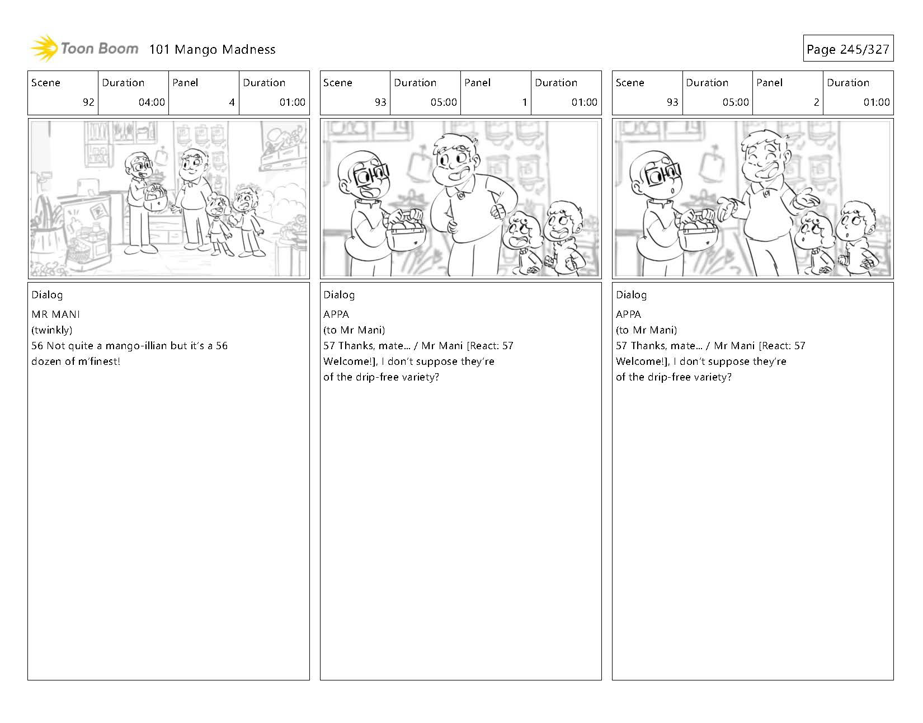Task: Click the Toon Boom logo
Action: [x=84, y=49]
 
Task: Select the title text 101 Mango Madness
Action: [x=212, y=49]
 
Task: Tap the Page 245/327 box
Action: [x=848, y=49]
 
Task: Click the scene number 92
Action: [x=88, y=102]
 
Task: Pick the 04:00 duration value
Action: [x=152, y=102]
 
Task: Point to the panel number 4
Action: [x=232, y=102]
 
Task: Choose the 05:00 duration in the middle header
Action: [x=444, y=102]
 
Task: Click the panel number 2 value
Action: [x=816, y=102]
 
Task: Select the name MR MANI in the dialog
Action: [x=55, y=314]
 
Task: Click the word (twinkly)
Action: [x=52, y=330]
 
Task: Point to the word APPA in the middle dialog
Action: [x=336, y=314]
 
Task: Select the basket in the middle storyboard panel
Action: [x=406, y=233]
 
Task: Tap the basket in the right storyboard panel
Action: [x=697, y=233]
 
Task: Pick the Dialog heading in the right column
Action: [x=631, y=295]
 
